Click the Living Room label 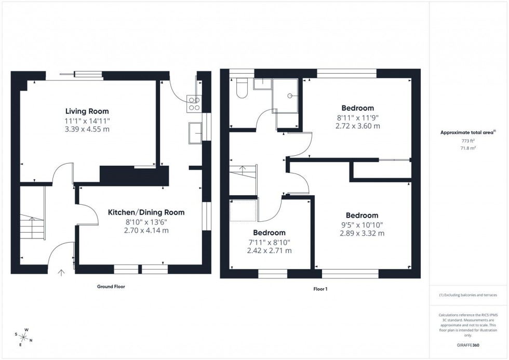coord(87,111)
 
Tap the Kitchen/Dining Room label coord(146,212)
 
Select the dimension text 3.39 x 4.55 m coord(87,129)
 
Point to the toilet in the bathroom coord(242,88)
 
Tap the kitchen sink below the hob coord(196,132)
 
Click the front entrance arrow coord(62,271)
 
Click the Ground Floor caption coord(111,287)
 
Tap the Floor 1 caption coord(320,289)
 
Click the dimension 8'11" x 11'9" coord(358,118)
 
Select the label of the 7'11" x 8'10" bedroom coord(269,233)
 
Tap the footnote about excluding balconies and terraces coord(468,295)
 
